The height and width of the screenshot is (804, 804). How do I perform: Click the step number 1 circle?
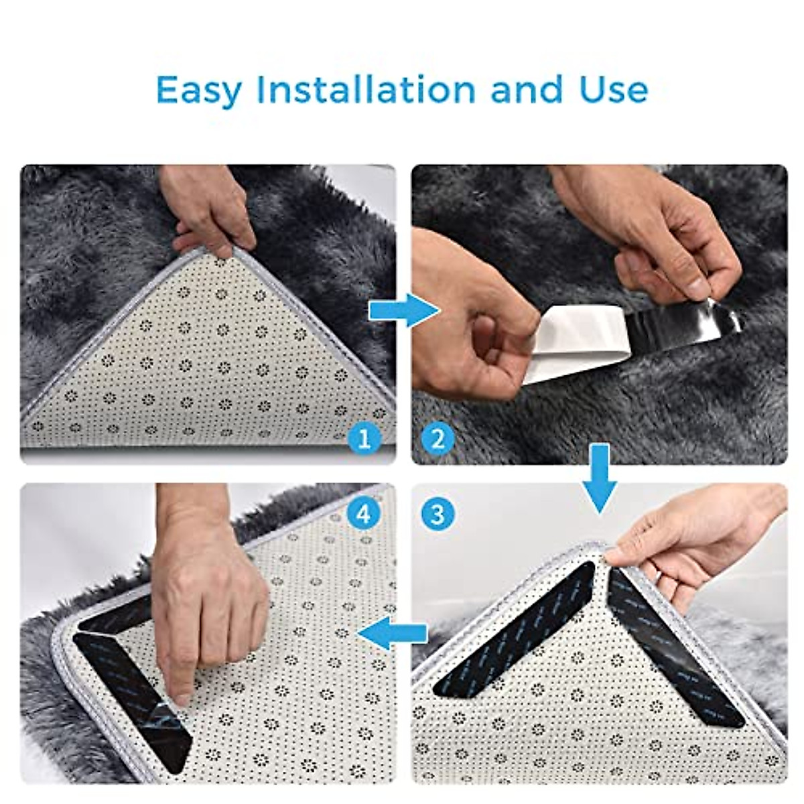tap(364, 440)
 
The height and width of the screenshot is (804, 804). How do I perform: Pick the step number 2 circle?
tap(438, 440)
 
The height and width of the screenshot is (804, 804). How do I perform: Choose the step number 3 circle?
tap(438, 515)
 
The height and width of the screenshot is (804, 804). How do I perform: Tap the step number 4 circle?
tap(364, 515)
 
